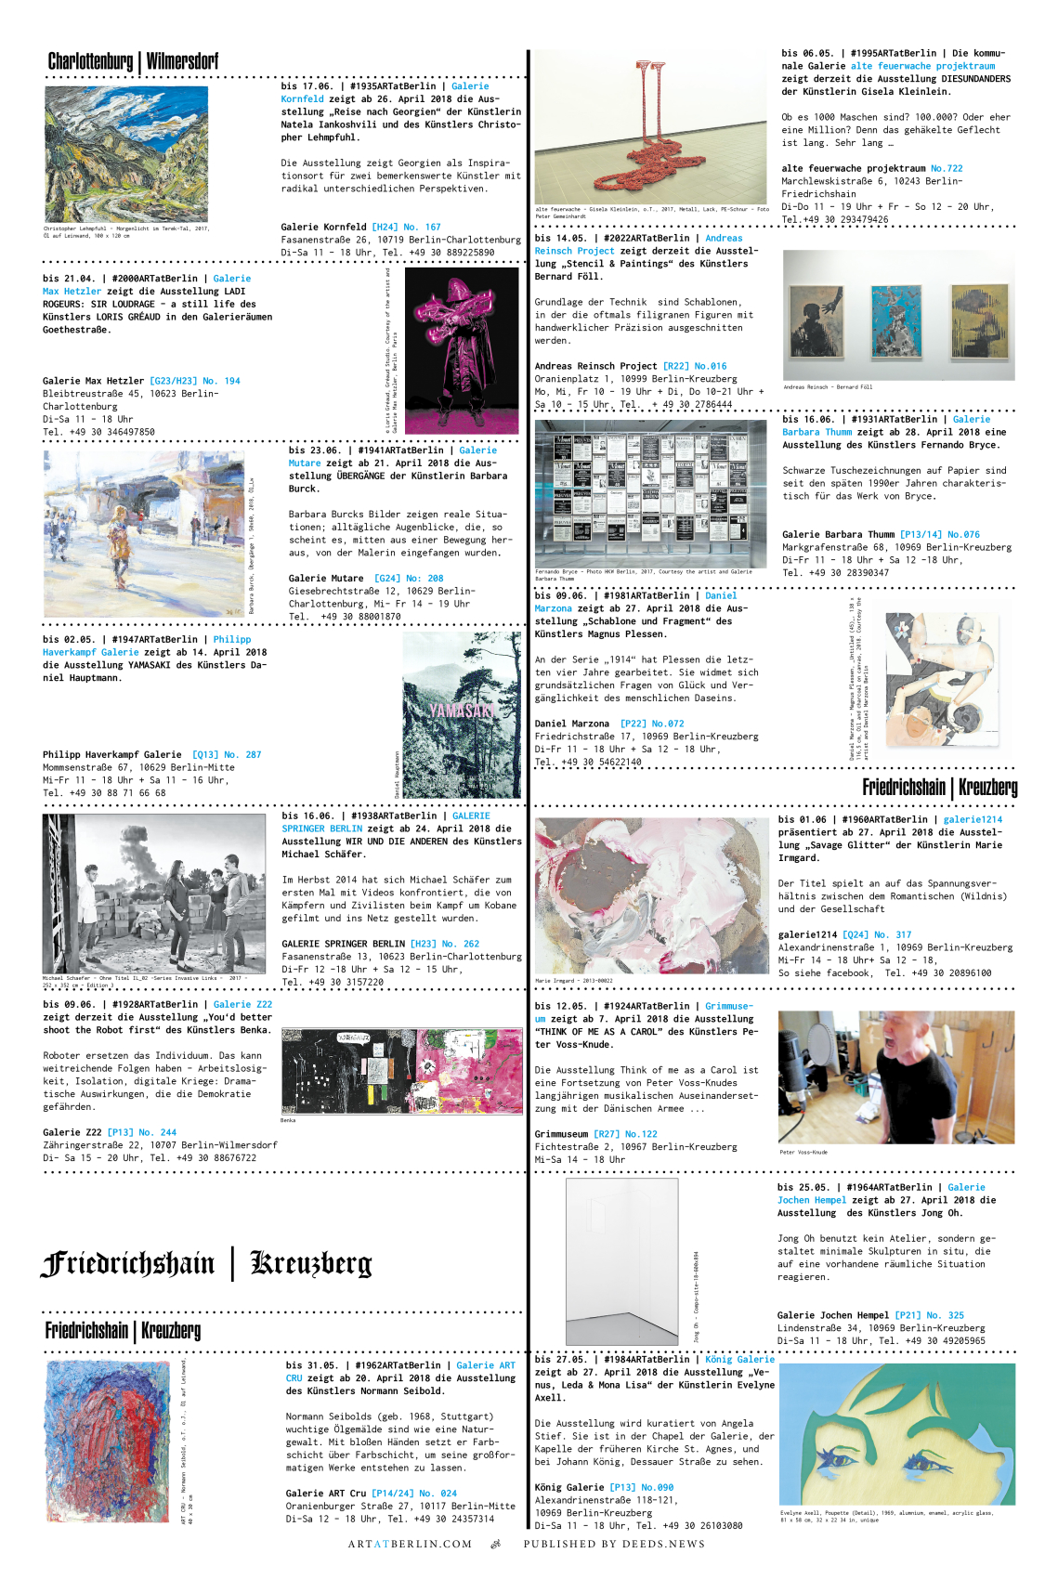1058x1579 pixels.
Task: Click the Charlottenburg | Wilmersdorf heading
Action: (x=133, y=62)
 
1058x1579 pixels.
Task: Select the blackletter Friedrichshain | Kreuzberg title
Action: (x=206, y=1264)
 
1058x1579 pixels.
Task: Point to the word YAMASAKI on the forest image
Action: (x=461, y=711)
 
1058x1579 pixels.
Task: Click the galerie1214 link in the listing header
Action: (x=973, y=820)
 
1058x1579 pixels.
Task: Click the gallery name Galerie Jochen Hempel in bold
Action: (x=832, y=1315)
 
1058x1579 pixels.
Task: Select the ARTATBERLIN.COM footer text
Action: (x=410, y=1544)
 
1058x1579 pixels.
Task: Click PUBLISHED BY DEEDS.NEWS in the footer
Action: (x=614, y=1544)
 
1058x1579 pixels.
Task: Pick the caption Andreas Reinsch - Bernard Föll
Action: (x=828, y=387)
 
